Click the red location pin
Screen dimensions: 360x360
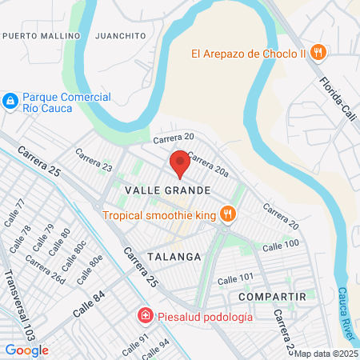(x=180, y=163)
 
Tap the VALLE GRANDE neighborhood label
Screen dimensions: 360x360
(x=168, y=190)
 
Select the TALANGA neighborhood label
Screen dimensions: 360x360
(x=173, y=256)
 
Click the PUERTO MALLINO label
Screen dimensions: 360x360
(x=42, y=36)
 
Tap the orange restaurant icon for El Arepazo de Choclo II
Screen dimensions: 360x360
(x=318, y=53)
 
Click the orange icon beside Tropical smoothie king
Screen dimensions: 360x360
(x=229, y=214)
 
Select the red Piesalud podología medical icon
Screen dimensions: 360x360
(x=145, y=316)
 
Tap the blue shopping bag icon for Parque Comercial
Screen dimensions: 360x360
(x=10, y=102)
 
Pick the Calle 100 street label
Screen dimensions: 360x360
(x=280, y=243)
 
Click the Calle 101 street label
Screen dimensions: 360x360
(x=235, y=278)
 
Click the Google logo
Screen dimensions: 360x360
(x=27, y=350)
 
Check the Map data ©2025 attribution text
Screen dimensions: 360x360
(x=326, y=354)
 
